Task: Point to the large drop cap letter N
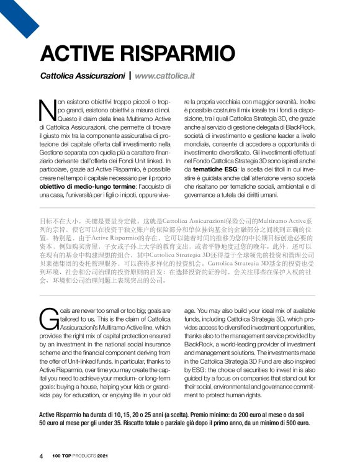[48, 110]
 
